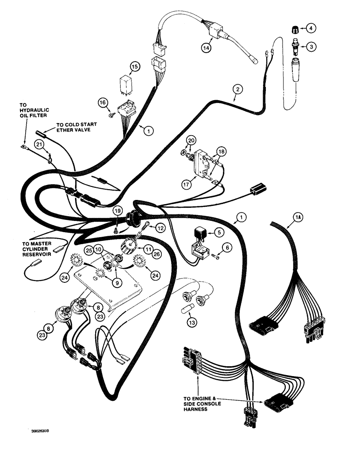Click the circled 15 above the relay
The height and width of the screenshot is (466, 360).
click(134, 67)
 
